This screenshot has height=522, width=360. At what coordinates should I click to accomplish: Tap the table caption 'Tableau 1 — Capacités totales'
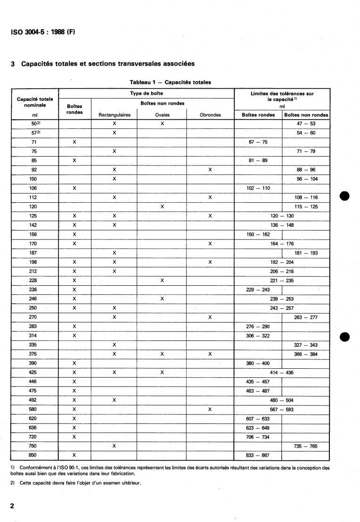pos(170,82)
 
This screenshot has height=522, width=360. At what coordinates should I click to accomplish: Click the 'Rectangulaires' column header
pos(114,115)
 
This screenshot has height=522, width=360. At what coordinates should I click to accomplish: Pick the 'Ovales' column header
pos(162,115)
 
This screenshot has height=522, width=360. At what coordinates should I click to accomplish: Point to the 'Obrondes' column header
pos(210,115)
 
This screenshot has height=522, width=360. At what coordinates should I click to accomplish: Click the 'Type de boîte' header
pos(146,93)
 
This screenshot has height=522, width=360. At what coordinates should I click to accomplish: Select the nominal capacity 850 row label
pos(33,455)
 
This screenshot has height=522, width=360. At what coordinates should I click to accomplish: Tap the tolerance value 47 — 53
pos(306,123)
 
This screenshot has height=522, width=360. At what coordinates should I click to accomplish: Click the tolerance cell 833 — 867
pos(258,455)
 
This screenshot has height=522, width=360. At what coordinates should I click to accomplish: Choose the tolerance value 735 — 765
pos(306,446)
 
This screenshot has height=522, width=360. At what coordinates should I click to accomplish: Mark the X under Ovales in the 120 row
pos(162,207)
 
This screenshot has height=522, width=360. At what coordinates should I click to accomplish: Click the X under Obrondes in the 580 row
pos(210,409)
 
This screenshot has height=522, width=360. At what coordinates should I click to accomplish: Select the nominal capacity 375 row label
pos(33,354)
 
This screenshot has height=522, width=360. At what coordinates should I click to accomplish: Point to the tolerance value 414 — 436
pos(282,373)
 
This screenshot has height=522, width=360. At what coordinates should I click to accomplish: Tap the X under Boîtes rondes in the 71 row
pos(74,142)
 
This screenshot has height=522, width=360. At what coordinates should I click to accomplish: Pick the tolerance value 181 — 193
pos(306,253)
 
